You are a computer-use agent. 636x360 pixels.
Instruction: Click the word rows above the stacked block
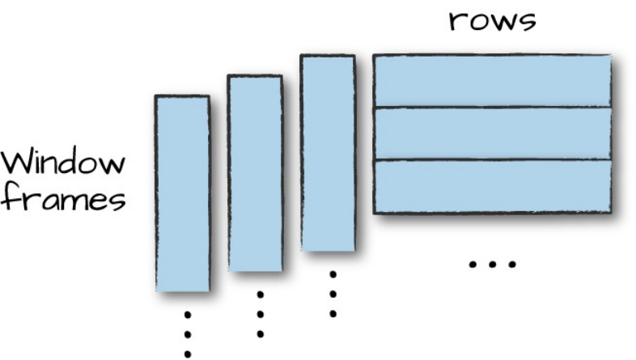(493, 20)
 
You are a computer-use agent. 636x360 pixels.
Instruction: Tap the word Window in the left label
(63, 163)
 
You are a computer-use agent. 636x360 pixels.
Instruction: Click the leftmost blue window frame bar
(182, 193)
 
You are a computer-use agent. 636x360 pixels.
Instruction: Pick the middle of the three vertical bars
(255, 172)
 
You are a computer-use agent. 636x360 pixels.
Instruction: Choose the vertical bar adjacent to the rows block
(328, 152)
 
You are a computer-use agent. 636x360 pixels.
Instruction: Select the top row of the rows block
(491, 80)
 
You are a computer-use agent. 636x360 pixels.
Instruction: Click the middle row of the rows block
(491, 133)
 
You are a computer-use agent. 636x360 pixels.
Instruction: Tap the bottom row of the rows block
(491, 187)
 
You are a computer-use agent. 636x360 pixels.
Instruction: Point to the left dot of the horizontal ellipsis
(473, 264)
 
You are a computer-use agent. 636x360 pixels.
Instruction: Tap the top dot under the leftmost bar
(188, 313)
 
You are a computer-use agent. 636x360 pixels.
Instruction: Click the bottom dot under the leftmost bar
(188, 353)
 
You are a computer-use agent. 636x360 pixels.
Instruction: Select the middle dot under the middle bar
(260, 314)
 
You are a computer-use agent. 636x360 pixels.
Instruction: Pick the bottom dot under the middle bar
(260, 333)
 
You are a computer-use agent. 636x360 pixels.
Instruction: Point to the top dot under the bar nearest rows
(333, 274)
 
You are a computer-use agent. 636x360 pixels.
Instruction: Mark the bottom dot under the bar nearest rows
(333, 313)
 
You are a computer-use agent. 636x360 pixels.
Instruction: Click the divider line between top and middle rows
(491, 107)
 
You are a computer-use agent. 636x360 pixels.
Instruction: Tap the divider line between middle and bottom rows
(491, 160)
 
